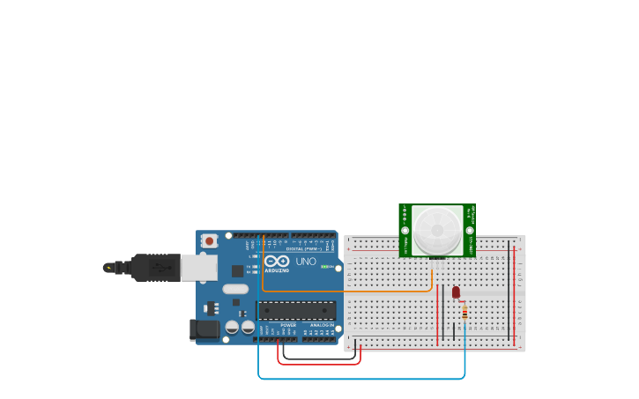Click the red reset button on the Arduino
click(209, 240)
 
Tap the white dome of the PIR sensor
click(438, 230)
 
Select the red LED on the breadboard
click(456, 292)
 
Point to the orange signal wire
click(353, 291)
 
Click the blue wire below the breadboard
click(361, 379)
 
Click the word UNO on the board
click(305, 262)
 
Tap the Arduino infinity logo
click(277, 262)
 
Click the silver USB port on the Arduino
click(198, 267)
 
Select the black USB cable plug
click(155, 267)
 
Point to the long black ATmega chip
click(296, 310)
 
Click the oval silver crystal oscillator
click(235, 289)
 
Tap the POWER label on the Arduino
click(288, 325)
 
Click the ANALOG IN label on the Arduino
click(322, 325)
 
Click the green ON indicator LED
click(324, 266)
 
